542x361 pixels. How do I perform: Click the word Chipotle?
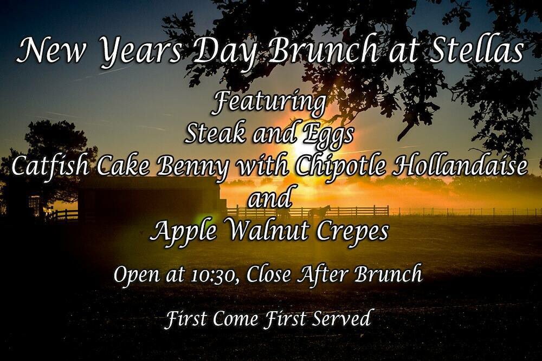point(341,167)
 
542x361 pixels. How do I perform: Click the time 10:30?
point(214,275)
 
